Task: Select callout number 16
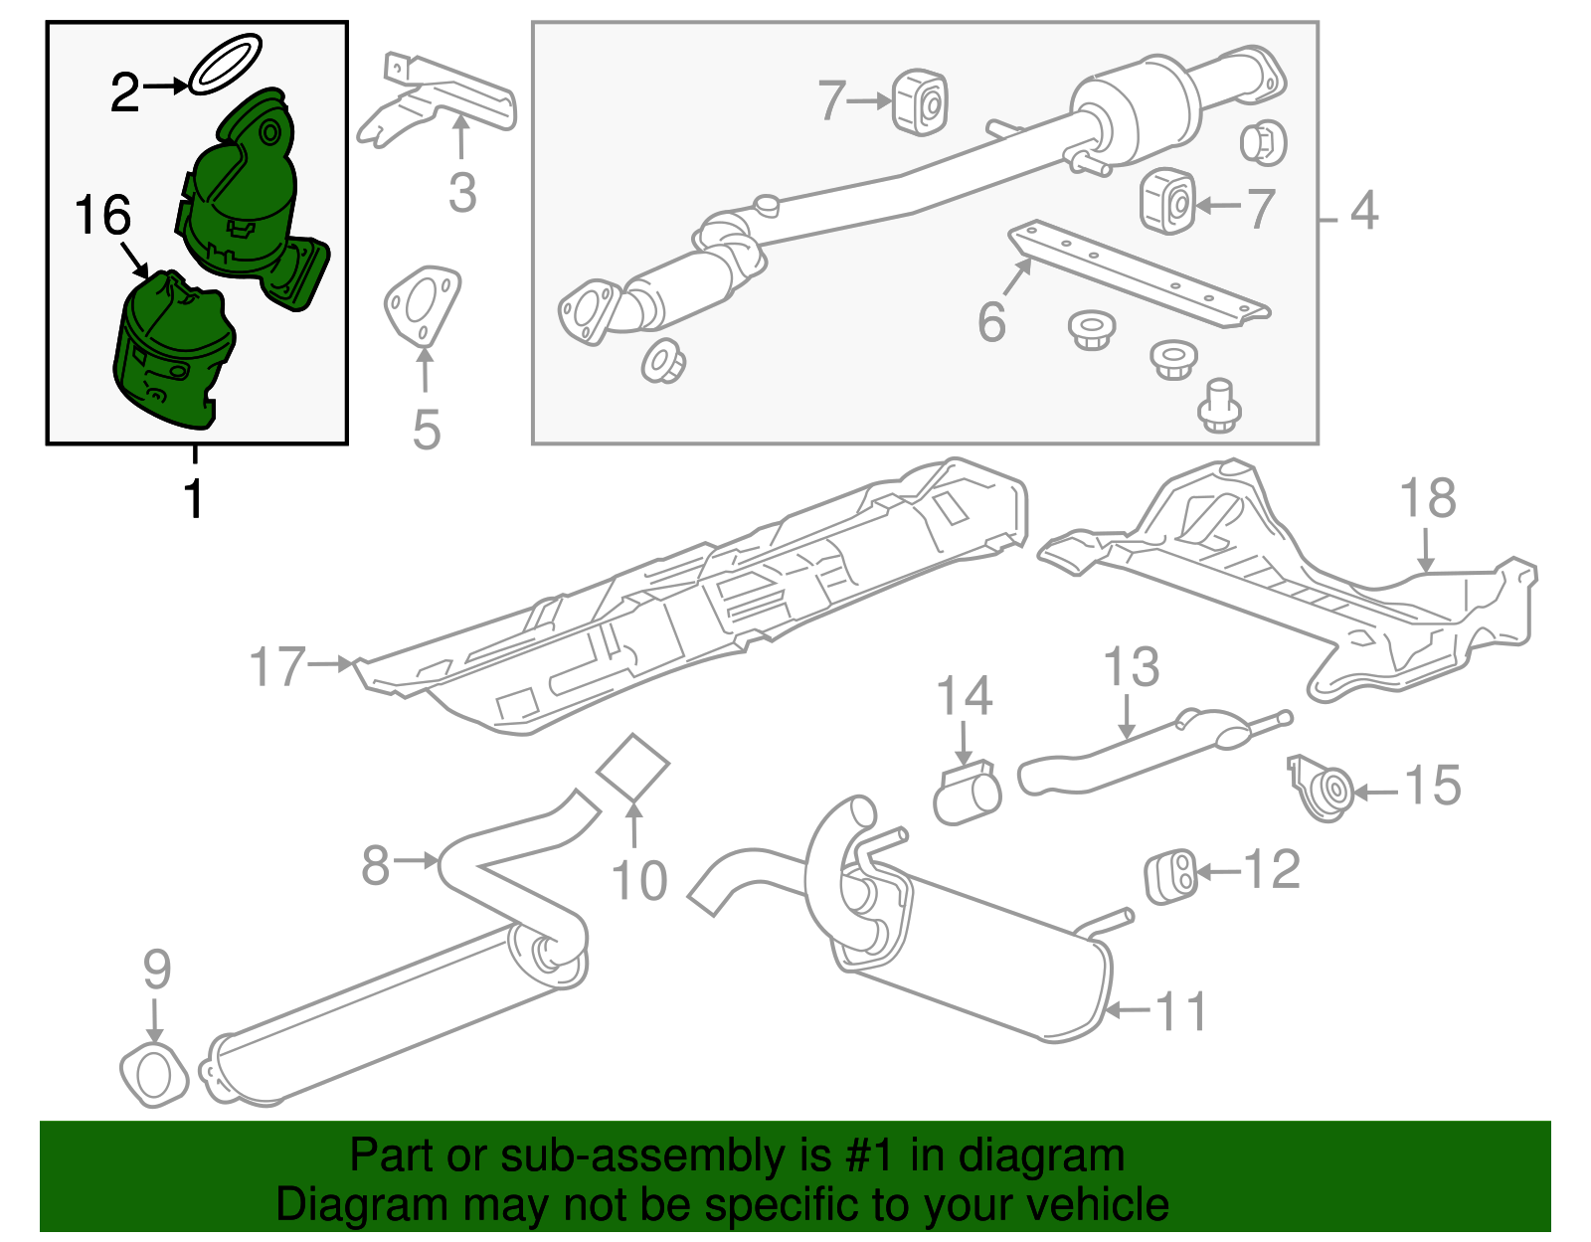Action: point(102,216)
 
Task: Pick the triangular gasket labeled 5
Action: point(422,303)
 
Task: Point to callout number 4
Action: point(1364,211)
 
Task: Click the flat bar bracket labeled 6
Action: point(1139,273)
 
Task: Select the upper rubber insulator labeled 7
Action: point(920,100)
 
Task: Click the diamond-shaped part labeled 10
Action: point(633,767)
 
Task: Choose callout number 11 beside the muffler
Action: point(1180,1011)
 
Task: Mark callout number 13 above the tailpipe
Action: point(1131,667)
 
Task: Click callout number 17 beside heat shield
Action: point(277,666)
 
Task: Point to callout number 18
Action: point(1427,498)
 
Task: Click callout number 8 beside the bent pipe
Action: point(375,864)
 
